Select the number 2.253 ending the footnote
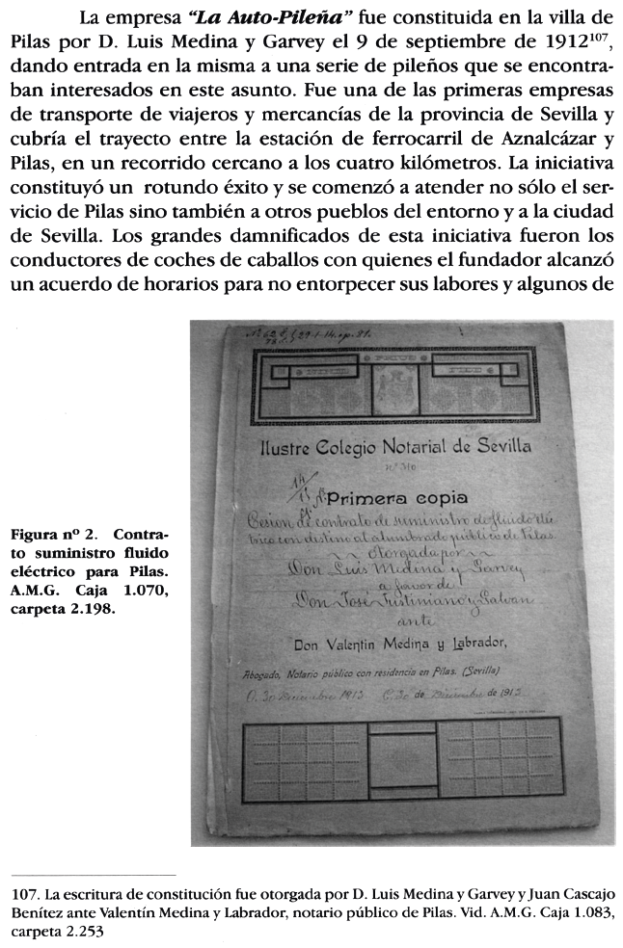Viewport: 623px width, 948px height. pos(84,933)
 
